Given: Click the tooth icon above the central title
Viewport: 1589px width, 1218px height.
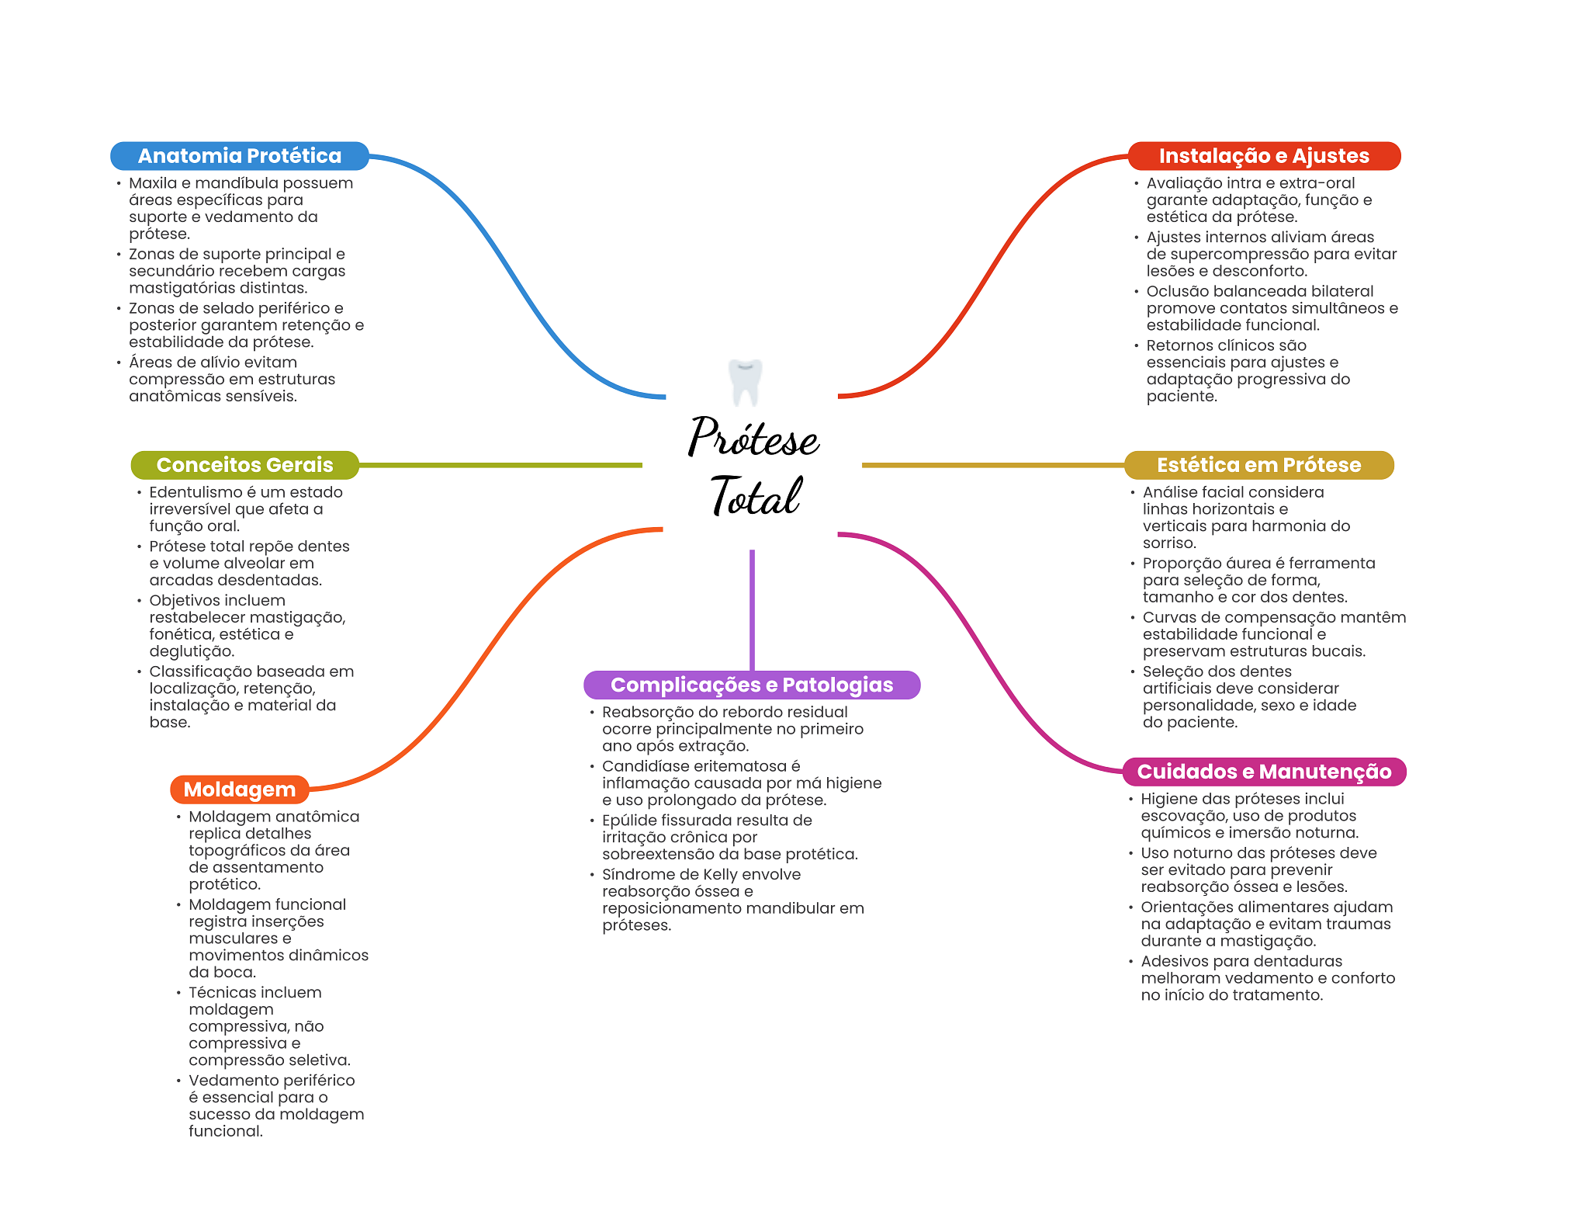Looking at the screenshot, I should tap(745, 381).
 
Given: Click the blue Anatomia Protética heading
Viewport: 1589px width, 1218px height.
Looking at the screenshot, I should tap(239, 156).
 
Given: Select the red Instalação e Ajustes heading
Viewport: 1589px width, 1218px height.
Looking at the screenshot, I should tap(1263, 156).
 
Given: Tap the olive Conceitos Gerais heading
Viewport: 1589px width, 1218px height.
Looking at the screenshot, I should tap(244, 465).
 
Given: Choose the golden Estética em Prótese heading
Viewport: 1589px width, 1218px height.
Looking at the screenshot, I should tap(1258, 465).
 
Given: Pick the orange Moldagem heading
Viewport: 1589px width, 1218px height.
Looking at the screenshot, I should tap(239, 789).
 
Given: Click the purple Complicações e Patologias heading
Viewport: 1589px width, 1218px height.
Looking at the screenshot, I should tap(751, 685).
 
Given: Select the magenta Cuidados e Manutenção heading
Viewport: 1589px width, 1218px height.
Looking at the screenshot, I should tap(1263, 772).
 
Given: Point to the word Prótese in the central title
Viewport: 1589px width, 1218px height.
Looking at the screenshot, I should tap(753, 437).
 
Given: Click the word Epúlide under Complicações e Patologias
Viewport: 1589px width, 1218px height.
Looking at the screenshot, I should tap(628, 820).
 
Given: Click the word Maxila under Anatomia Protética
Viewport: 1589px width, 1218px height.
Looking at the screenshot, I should tap(153, 183).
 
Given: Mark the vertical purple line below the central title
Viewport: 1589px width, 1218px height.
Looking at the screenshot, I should tap(752, 609).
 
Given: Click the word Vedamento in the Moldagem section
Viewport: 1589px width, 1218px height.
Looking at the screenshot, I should tap(230, 1081).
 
